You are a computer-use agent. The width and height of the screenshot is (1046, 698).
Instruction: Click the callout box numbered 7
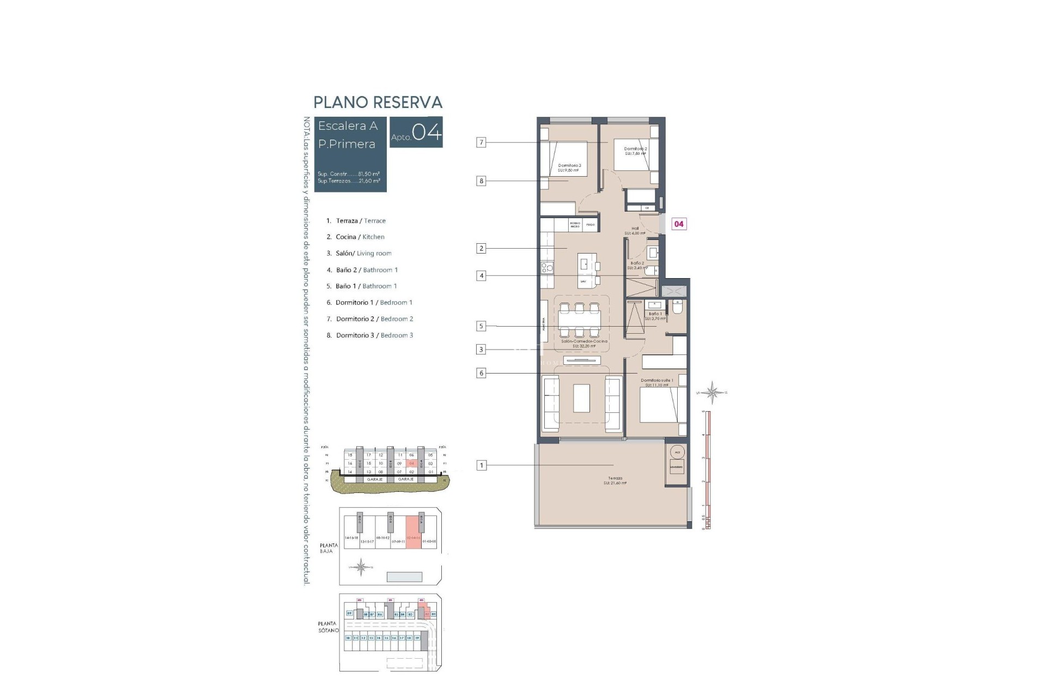click(x=481, y=142)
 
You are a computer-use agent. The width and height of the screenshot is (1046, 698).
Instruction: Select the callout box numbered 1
click(x=481, y=465)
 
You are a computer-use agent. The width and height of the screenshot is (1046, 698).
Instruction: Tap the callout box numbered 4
click(x=481, y=276)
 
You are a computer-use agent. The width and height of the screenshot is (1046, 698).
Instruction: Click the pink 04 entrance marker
click(x=678, y=224)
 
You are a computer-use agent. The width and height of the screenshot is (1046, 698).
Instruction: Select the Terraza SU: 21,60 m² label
click(x=615, y=480)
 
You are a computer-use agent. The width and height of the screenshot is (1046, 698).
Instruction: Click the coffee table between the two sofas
click(x=581, y=398)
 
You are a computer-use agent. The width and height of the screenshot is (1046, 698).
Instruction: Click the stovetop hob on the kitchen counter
click(x=546, y=267)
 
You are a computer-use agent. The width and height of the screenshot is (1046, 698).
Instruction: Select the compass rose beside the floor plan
click(x=712, y=392)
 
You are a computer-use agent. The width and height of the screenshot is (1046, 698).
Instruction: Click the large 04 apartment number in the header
click(x=427, y=133)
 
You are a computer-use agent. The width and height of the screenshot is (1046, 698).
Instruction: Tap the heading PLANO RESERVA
click(x=378, y=103)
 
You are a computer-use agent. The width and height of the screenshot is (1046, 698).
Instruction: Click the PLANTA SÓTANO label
click(x=329, y=627)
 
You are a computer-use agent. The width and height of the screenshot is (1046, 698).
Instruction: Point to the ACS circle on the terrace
click(x=677, y=453)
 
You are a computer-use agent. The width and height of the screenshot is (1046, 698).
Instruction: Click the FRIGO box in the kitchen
click(x=591, y=225)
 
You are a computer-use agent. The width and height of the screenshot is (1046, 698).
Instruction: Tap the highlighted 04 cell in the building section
click(x=412, y=464)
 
